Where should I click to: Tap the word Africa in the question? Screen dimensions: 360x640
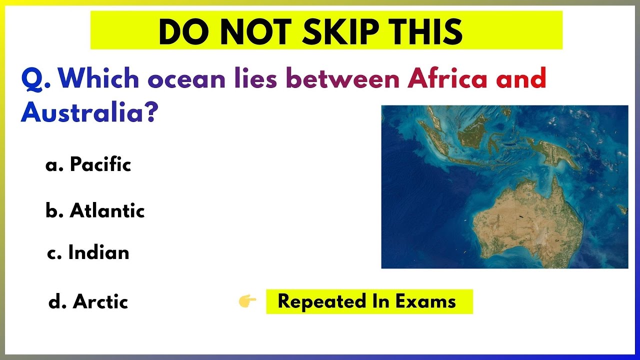pos(447,79)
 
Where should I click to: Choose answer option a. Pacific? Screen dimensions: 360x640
pos(88,164)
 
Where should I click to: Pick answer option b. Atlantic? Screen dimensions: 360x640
pos(95,210)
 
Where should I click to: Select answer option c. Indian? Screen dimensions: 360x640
pos(88,253)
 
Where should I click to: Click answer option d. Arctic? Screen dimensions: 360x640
pos(88,301)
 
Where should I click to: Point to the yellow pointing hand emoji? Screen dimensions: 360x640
pos(247,301)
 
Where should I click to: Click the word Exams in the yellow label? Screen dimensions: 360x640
pos(425,301)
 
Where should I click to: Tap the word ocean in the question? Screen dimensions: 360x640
pos(186,79)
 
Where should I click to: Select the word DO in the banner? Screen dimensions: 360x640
pos(175,32)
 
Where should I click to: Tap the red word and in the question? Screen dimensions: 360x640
pos(519,79)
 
